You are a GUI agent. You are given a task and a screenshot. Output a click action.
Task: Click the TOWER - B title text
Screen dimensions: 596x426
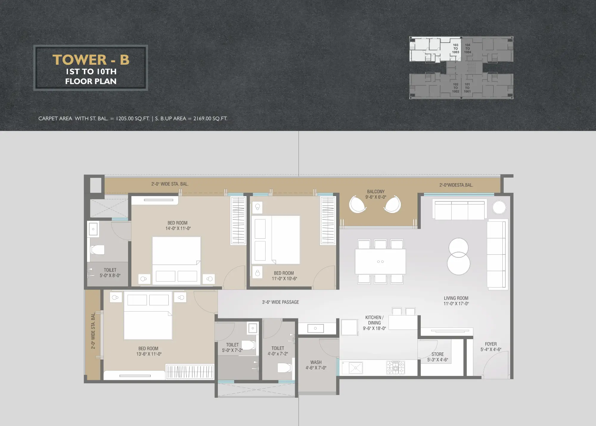[x=91, y=60]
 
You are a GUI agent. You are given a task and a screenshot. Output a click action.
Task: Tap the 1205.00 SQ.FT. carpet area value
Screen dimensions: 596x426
[x=133, y=119]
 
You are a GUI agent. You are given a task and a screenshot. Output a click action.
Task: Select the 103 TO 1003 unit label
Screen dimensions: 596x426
[x=456, y=49]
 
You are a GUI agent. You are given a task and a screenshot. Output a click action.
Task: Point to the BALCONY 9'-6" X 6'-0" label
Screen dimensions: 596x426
[x=376, y=194]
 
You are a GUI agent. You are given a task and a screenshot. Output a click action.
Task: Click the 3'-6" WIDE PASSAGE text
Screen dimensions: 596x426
[x=280, y=302]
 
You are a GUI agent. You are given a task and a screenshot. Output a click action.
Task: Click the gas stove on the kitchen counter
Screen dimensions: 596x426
[x=396, y=367]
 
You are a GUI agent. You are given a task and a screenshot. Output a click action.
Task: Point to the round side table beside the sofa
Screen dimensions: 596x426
[x=499, y=207]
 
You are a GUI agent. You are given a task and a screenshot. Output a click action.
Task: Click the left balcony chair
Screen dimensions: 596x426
[x=358, y=204]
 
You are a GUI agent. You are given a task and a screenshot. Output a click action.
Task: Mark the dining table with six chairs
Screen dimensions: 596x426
[x=380, y=261]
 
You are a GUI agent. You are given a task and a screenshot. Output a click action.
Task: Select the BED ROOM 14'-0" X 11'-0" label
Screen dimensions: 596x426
[x=178, y=226]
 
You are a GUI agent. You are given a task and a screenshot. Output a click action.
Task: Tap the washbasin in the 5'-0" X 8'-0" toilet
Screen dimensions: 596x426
[x=93, y=229]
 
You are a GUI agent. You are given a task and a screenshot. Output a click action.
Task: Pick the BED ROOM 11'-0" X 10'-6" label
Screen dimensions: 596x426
[x=284, y=276]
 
